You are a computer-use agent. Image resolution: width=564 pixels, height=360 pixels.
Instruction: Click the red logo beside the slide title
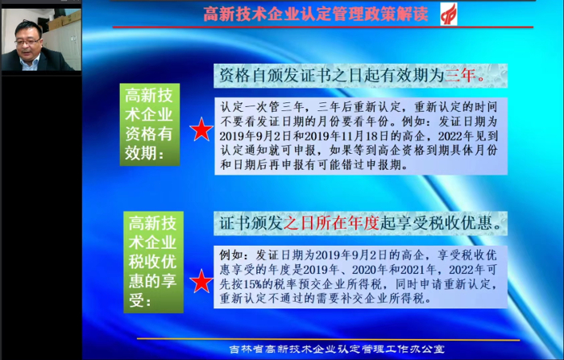click(x=449, y=14)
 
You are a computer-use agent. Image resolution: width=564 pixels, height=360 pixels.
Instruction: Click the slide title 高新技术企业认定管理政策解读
click(x=316, y=14)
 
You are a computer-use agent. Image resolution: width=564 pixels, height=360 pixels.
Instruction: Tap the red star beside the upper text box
click(x=201, y=130)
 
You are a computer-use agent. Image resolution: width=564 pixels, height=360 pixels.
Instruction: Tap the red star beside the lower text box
click(x=201, y=281)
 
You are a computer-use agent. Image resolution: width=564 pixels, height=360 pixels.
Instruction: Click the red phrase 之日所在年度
click(x=331, y=223)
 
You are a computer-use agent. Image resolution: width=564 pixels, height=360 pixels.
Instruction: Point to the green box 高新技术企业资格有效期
click(x=150, y=125)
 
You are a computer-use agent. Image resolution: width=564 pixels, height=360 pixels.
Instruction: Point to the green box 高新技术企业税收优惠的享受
click(x=154, y=263)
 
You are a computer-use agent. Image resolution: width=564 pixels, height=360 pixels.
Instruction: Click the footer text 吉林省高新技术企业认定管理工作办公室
click(x=338, y=349)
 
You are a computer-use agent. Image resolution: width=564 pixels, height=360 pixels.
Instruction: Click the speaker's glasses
click(x=27, y=42)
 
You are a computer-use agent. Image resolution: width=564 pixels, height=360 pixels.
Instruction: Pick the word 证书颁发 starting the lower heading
click(x=251, y=223)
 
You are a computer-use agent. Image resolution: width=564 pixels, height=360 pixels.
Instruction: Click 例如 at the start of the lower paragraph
click(x=231, y=255)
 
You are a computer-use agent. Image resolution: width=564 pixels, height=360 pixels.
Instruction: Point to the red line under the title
click(x=323, y=27)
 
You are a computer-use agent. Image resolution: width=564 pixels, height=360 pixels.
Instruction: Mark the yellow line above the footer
click(x=329, y=339)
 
